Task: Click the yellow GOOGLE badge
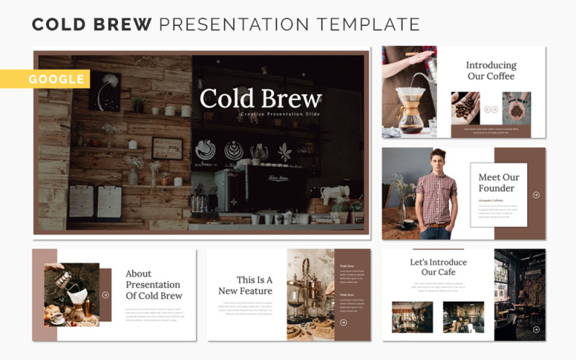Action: (x=57, y=79)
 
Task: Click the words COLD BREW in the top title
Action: (x=91, y=24)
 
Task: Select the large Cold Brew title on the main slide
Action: (x=260, y=99)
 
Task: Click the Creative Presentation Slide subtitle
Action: (x=280, y=114)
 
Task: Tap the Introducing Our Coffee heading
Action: (x=490, y=71)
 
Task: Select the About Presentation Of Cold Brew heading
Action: (x=154, y=284)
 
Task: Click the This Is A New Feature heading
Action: (x=246, y=285)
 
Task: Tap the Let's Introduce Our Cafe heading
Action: (x=438, y=267)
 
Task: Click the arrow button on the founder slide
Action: (x=536, y=194)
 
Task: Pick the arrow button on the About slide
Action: (x=105, y=294)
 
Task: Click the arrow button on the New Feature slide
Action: (x=343, y=323)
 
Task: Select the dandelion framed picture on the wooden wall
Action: (x=107, y=91)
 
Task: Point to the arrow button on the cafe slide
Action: (x=536, y=329)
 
